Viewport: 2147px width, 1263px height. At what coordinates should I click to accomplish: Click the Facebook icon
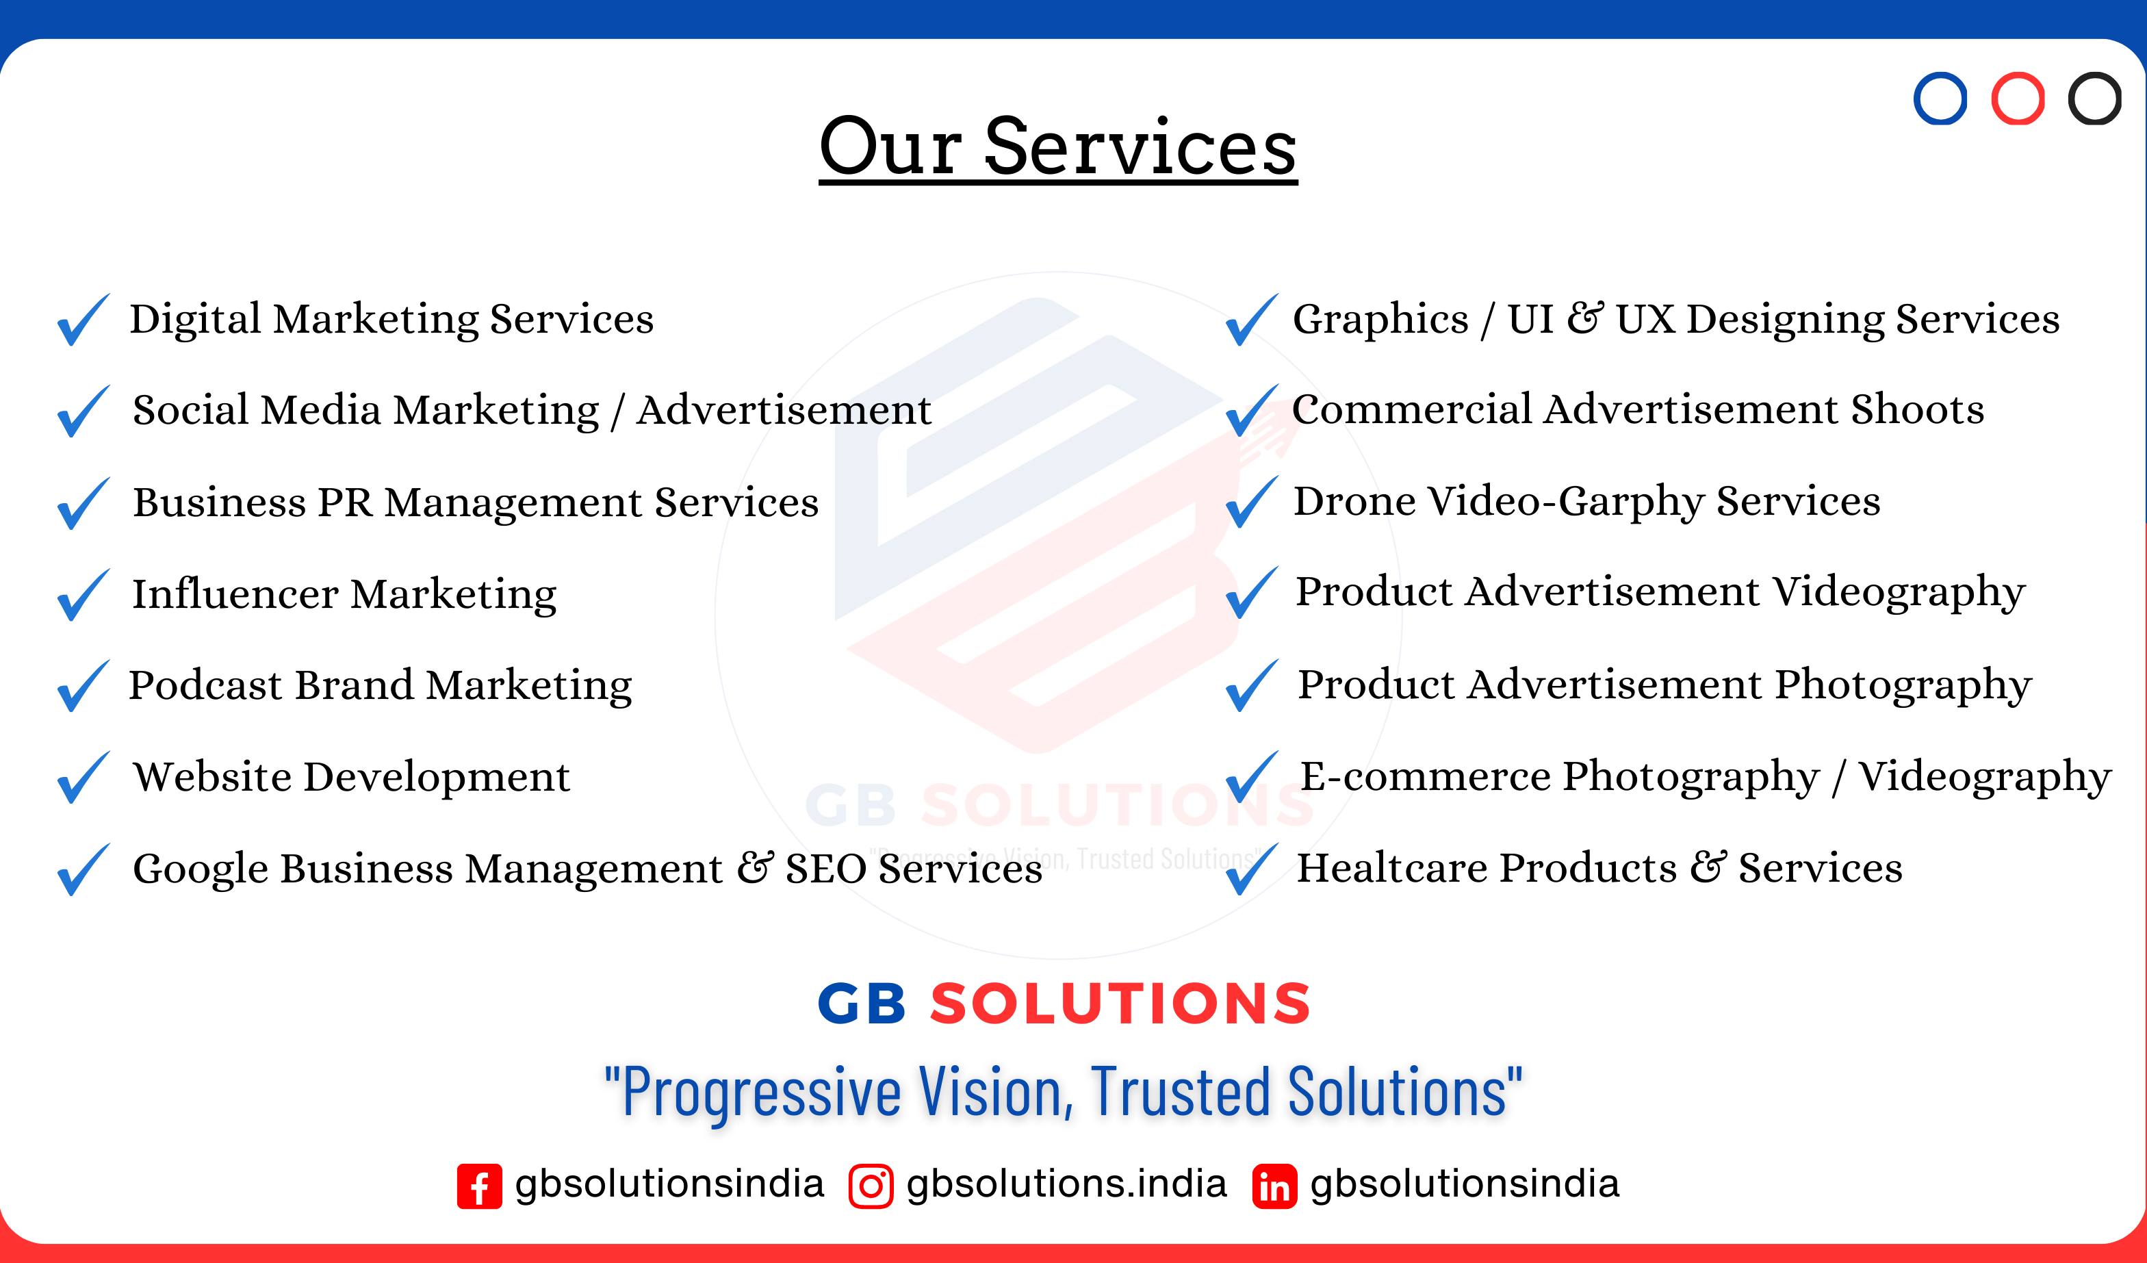479,1186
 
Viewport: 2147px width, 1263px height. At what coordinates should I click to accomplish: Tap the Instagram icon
871,1186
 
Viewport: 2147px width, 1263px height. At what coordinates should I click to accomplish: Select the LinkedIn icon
1274,1186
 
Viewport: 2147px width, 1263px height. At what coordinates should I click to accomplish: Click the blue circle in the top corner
1940,99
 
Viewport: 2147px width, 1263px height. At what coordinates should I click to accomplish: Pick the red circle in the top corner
2018,99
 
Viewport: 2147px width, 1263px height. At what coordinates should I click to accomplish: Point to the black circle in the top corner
2095,99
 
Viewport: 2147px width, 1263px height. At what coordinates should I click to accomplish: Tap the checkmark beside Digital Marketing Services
83,320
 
